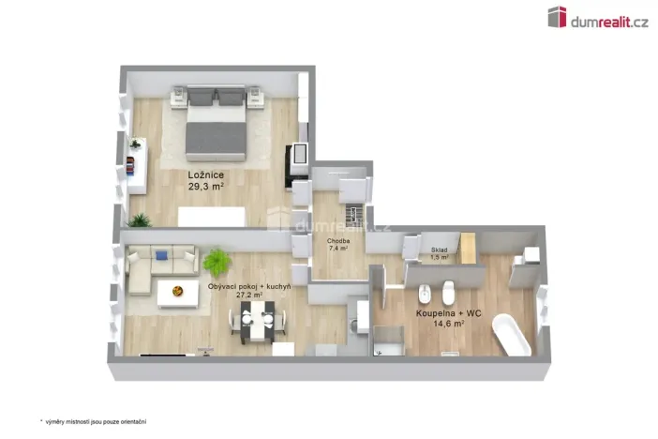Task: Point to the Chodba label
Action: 338,241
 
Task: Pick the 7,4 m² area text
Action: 338,250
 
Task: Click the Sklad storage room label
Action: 440,250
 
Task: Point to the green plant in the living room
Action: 217,260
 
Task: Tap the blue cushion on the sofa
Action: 160,254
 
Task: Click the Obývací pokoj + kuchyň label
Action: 248,284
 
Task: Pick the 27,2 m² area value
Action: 248,295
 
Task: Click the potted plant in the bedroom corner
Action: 140,219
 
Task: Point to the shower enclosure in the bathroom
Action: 389,340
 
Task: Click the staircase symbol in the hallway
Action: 353,210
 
